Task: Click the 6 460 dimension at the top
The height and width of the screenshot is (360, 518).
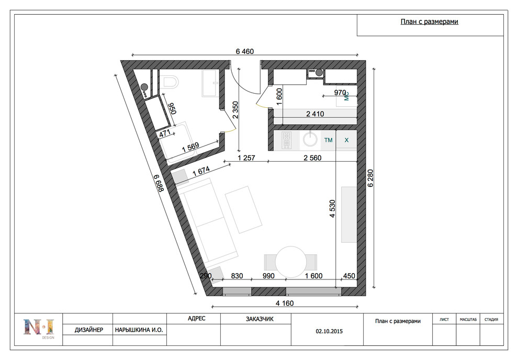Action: tap(245, 51)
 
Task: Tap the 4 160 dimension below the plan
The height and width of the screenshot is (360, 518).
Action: tap(285, 303)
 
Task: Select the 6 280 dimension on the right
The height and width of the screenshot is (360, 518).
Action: tap(370, 178)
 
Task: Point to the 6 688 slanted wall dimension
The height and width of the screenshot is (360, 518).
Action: tap(160, 183)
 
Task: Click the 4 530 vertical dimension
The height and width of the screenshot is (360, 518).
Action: tap(332, 208)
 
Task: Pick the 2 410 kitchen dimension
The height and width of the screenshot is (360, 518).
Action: tap(315, 114)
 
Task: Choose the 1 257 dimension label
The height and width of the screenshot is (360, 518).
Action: tap(246, 158)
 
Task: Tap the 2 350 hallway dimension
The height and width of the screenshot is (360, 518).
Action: tap(235, 110)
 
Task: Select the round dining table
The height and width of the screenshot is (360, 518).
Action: tap(291, 262)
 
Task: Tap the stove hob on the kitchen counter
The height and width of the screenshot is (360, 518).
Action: tap(286, 140)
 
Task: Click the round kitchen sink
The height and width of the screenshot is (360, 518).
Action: tap(310, 139)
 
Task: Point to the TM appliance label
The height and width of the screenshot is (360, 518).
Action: tap(329, 140)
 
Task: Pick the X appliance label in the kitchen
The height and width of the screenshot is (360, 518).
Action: tap(346, 140)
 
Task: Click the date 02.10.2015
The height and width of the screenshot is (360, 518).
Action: tap(329, 331)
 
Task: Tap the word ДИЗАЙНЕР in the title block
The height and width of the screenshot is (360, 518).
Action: tap(88, 330)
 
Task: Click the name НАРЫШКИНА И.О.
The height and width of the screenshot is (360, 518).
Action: tap(139, 330)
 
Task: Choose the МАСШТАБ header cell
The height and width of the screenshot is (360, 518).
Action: tap(468, 319)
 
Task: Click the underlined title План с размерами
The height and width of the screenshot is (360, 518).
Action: tap(430, 22)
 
